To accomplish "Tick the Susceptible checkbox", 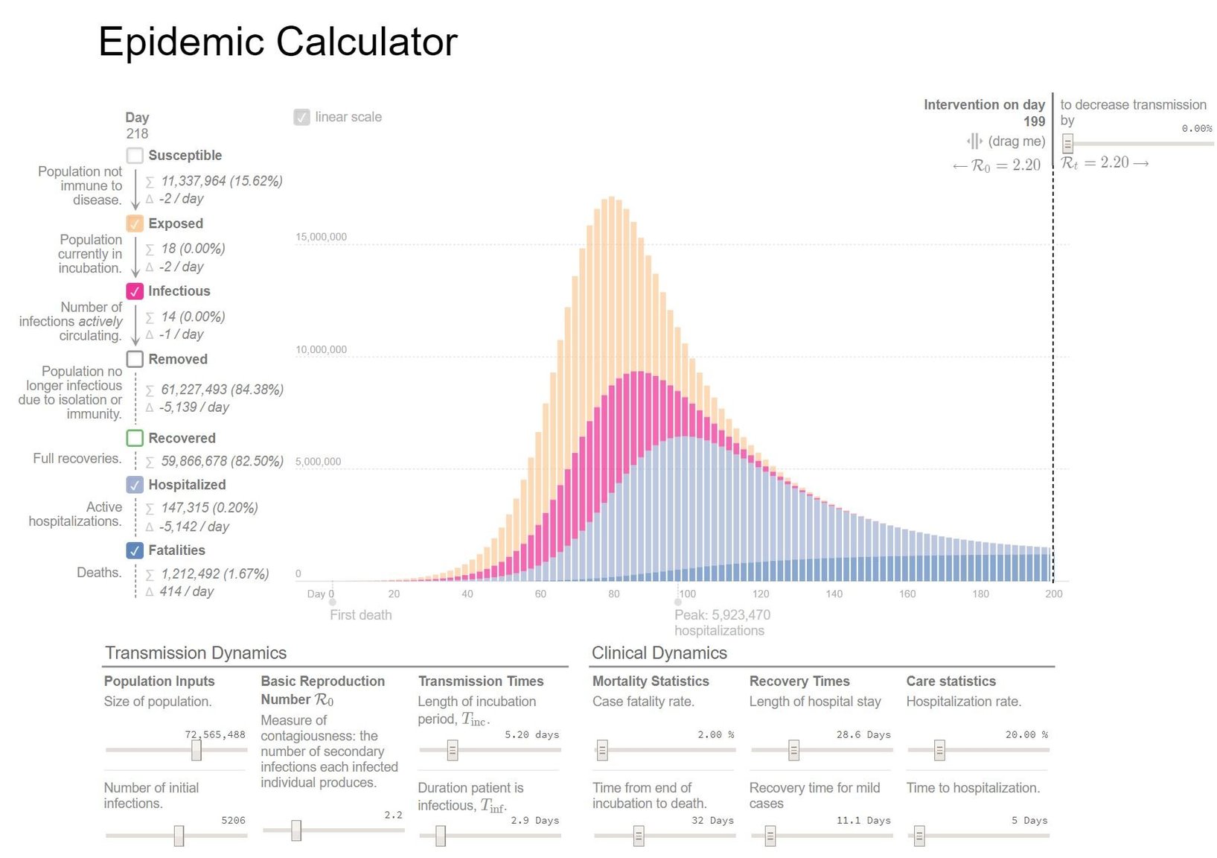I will click(135, 156).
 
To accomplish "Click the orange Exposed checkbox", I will click(135, 223).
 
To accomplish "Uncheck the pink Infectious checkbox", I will click(135, 291).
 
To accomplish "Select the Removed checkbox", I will click(135, 359).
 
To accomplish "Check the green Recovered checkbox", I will click(135, 438).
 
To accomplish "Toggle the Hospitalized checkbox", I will click(135, 485).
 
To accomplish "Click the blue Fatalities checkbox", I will click(135, 550).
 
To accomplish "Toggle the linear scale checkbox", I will click(301, 117).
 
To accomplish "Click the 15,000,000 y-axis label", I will click(322, 238).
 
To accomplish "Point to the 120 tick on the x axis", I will click(761, 594).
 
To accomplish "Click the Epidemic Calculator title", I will click(278, 42).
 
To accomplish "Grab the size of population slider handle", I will click(197, 750).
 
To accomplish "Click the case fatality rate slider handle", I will click(602, 750).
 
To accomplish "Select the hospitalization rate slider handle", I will click(939, 750).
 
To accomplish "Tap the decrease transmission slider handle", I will click(1067, 143).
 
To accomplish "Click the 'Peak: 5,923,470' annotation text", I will click(722, 615).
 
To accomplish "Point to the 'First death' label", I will click(361, 615).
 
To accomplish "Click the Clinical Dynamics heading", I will click(659, 653).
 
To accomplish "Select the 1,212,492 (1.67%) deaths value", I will click(215, 574).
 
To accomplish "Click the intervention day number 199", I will click(1034, 121).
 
